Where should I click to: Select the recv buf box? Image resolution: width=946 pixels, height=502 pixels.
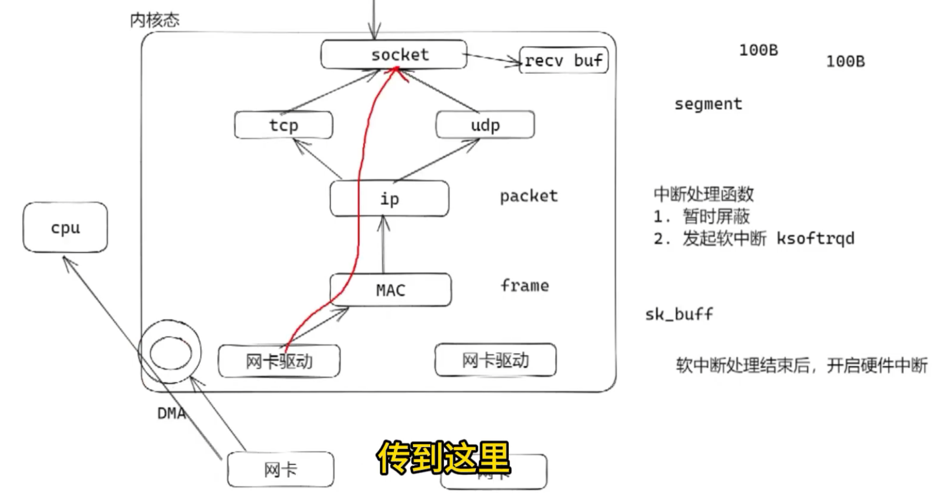pyautogui.click(x=564, y=60)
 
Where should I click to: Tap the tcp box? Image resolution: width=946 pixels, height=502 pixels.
pyautogui.click(x=283, y=125)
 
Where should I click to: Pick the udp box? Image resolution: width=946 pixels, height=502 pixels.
pyautogui.click(x=485, y=125)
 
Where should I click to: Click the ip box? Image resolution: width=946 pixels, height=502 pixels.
pyautogui.click(x=389, y=199)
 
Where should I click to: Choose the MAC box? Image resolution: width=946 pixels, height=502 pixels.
pyautogui.click(x=390, y=290)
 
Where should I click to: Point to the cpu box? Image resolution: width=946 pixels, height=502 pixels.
pyautogui.click(x=65, y=228)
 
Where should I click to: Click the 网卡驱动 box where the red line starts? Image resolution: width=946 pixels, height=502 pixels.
pyautogui.click(x=279, y=361)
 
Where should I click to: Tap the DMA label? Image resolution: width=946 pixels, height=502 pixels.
pyautogui.click(x=171, y=413)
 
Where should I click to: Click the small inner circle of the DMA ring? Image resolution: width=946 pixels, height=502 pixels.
pyautogui.click(x=170, y=352)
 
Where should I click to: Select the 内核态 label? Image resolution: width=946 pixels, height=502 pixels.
pyautogui.click(x=154, y=20)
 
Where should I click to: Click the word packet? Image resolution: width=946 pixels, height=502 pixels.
pyautogui.click(x=529, y=196)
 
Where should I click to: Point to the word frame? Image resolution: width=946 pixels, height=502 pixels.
pyautogui.click(x=524, y=285)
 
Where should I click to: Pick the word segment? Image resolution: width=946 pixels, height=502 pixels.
pyautogui.click(x=708, y=104)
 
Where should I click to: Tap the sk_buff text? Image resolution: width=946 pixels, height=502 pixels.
pyautogui.click(x=679, y=314)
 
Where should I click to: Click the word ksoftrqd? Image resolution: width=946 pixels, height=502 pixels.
pyautogui.click(x=815, y=238)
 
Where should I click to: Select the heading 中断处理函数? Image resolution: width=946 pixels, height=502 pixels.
pyautogui.click(x=703, y=194)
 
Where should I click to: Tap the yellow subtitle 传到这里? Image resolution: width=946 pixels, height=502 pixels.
pyautogui.click(x=444, y=459)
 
